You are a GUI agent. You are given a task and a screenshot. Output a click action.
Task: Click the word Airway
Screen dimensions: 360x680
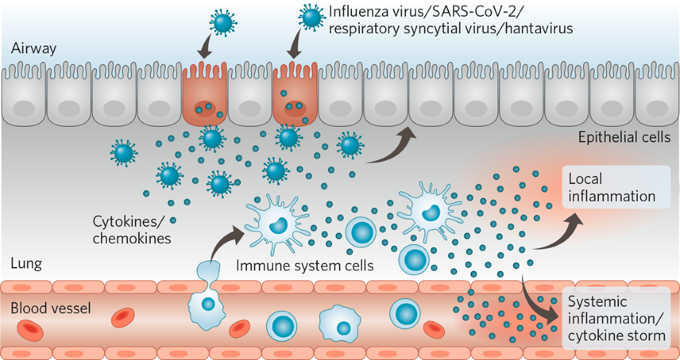[x=34, y=48]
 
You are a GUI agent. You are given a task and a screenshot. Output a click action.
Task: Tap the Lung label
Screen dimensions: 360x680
[x=27, y=264]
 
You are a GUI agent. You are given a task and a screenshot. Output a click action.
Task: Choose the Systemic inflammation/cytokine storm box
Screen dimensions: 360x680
[x=616, y=318]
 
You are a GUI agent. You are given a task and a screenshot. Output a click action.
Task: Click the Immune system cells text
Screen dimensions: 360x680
[x=305, y=266]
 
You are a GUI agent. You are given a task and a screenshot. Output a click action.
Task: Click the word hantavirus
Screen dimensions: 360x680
[x=539, y=29]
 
